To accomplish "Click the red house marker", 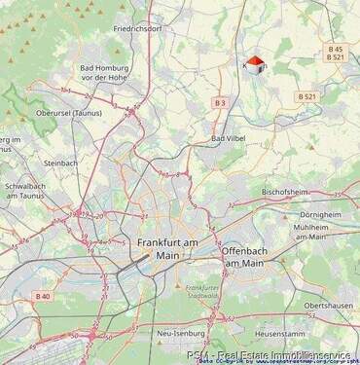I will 255,65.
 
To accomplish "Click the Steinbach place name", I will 60,163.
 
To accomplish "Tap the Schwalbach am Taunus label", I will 25,190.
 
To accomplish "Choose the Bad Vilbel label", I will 230,139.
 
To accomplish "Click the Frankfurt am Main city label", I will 167,248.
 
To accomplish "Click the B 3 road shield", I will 220,102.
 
